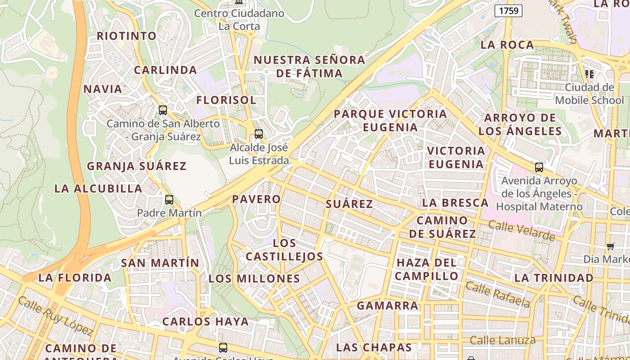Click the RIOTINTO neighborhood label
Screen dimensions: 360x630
(x=127, y=36)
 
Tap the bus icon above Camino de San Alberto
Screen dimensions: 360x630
(x=163, y=110)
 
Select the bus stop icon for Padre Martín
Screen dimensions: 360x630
(x=169, y=199)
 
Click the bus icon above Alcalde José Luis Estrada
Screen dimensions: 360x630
(x=258, y=134)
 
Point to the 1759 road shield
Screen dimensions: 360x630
(x=508, y=11)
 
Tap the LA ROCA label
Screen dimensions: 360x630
(x=507, y=45)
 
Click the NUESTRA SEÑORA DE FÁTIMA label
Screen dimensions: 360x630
(x=309, y=66)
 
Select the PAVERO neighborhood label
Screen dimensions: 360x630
(x=256, y=199)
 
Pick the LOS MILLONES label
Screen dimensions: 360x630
(x=254, y=279)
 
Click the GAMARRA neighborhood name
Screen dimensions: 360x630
(x=388, y=306)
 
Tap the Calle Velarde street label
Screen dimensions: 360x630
(x=522, y=230)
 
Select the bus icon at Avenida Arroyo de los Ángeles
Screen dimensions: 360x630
(x=539, y=167)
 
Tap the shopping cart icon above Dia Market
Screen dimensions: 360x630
(x=611, y=246)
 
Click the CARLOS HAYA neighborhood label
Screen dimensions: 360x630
(x=206, y=322)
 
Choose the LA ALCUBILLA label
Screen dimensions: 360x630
(x=98, y=189)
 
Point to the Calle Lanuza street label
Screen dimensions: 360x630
(x=503, y=340)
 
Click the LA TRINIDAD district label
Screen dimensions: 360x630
(x=554, y=278)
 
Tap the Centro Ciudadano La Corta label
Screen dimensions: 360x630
(x=239, y=20)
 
